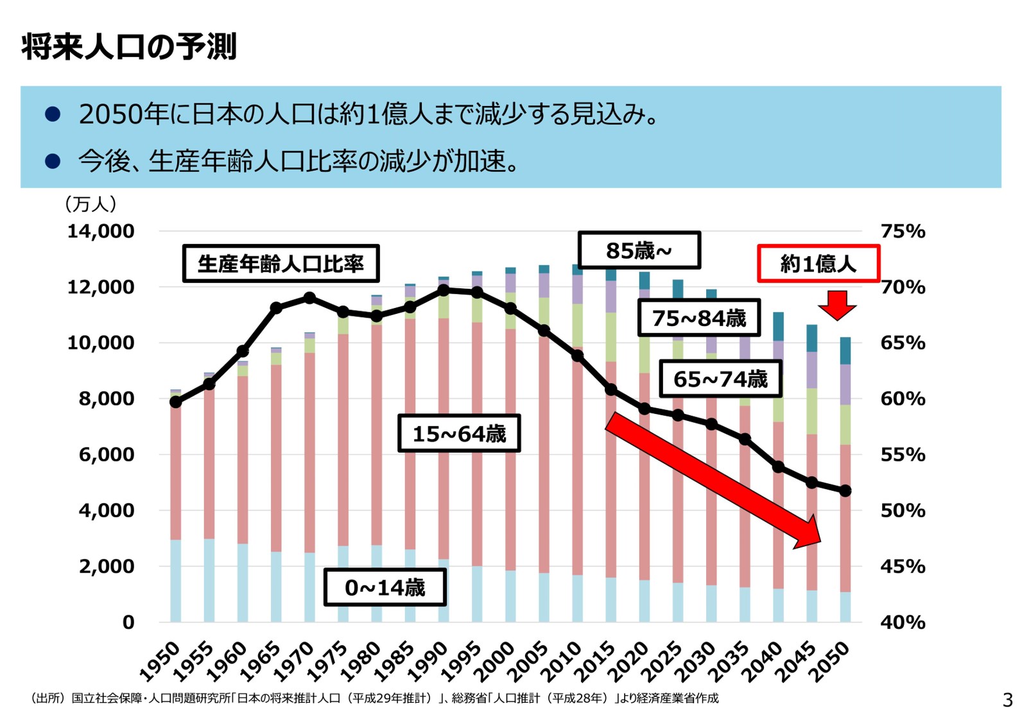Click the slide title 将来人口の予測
(129, 47)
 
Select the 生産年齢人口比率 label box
(281, 264)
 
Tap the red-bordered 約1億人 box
(818, 264)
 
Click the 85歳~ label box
(639, 250)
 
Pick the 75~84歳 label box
(698, 318)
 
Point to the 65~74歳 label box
(720, 379)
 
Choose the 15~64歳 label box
(458, 434)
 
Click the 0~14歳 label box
(385, 587)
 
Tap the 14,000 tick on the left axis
(101, 231)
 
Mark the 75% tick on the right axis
(903, 231)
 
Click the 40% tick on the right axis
(903, 622)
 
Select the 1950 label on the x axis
(160, 662)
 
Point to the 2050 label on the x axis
(829, 662)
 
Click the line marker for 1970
(309, 298)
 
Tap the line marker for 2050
(845, 490)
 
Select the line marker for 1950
(175, 402)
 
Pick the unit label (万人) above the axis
(91, 204)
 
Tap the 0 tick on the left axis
(128, 622)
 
